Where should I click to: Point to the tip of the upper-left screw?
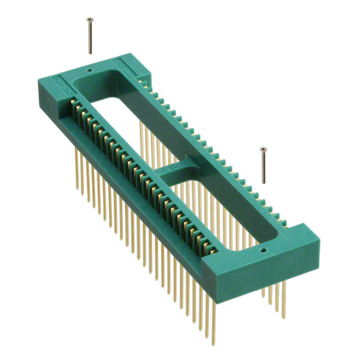[91, 53]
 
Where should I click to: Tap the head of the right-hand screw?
[262, 149]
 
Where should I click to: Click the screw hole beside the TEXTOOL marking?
[89, 71]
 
